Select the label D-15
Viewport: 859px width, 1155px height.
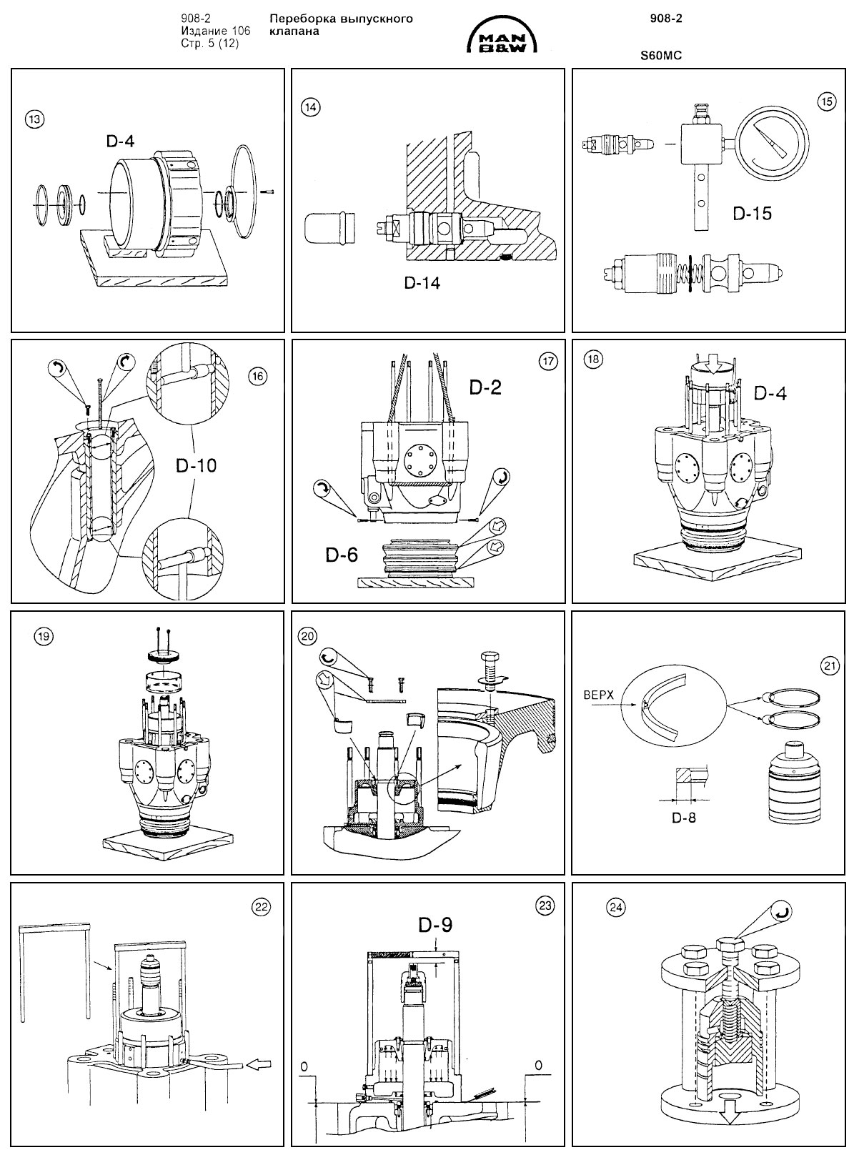point(752,213)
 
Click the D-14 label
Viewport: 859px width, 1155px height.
point(422,282)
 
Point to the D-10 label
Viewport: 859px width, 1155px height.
point(196,465)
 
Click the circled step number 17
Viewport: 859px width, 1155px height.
point(547,362)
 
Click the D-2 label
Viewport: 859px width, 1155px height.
point(485,387)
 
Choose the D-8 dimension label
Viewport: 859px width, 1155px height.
point(683,818)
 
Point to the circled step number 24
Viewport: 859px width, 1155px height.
point(615,906)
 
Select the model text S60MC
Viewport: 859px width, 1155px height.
point(661,54)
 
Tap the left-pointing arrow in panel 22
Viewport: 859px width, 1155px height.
point(259,1065)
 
